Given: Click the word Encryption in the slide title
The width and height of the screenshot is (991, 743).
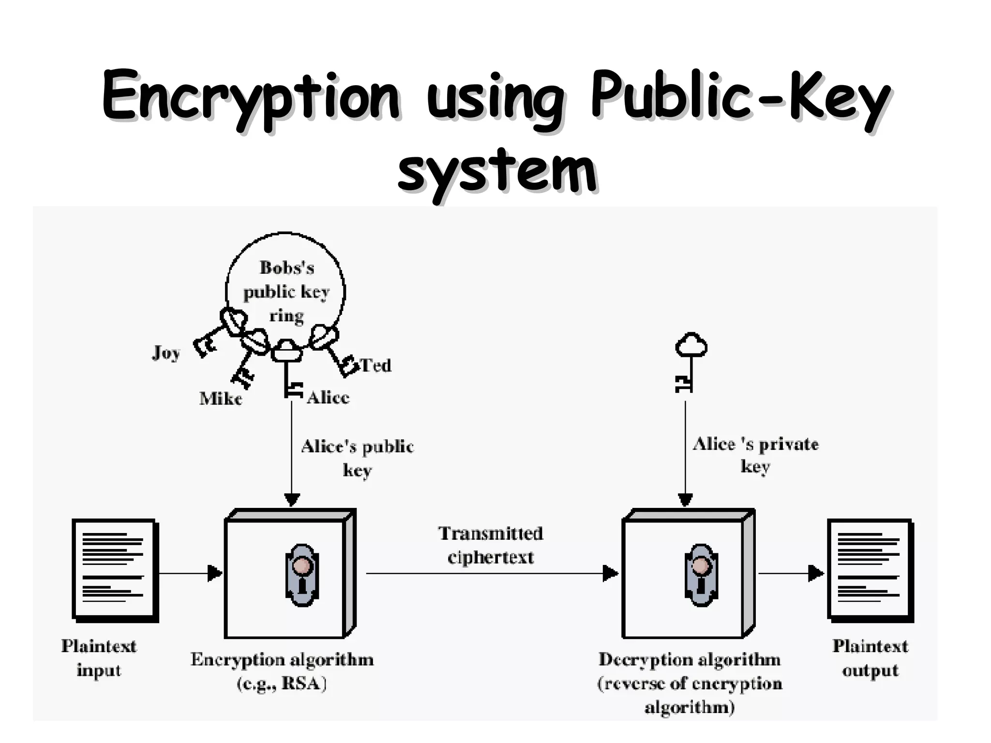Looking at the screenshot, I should [251, 97].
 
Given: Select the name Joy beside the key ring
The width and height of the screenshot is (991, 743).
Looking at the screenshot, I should [166, 353].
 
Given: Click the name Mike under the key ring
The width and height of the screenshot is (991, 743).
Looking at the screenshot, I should [221, 399].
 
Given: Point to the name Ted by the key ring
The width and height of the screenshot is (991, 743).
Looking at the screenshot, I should [376, 365].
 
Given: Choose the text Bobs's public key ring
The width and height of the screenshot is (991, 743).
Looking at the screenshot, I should [286, 291].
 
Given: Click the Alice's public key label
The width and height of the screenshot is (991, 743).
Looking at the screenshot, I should [357, 458].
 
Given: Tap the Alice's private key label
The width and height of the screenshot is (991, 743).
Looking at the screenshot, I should [755, 455].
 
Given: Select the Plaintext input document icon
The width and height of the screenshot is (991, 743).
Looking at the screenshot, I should [115, 569].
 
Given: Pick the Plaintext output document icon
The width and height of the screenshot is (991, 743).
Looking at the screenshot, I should [870, 569].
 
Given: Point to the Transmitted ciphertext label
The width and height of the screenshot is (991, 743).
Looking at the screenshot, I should [491, 545].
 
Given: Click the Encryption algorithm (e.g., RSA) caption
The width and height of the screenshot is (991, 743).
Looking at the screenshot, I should [282, 671].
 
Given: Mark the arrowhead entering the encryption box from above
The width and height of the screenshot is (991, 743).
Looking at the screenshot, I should [292, 500].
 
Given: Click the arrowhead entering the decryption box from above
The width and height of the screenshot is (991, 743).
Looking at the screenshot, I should [685, 500].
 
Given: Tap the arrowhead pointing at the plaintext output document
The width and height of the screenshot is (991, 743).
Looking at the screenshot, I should [816, 574].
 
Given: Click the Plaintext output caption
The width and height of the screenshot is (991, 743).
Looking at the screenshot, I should [870, 658].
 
